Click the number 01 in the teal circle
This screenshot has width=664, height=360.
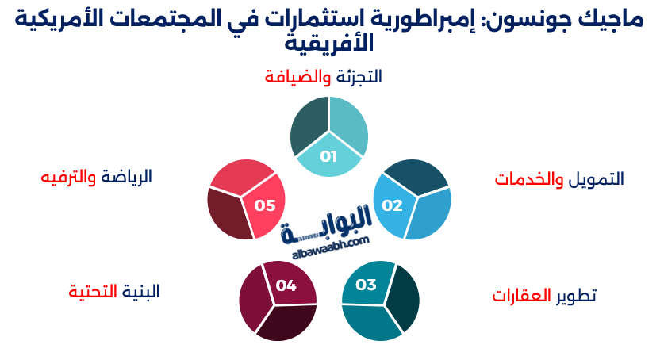click(x=328, y=156)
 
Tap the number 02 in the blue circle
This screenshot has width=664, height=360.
click(x=392, y=205)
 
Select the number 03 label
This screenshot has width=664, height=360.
click(x=366, y=285)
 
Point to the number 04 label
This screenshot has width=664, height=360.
click(x=286, y=285)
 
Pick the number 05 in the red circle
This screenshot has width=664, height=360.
click(x=265, y=205)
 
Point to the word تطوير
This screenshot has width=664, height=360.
click(x=576, y=296)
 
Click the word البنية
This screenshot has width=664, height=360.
click(x=140, y=291)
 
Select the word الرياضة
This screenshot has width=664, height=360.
click(x=125, y=176)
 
